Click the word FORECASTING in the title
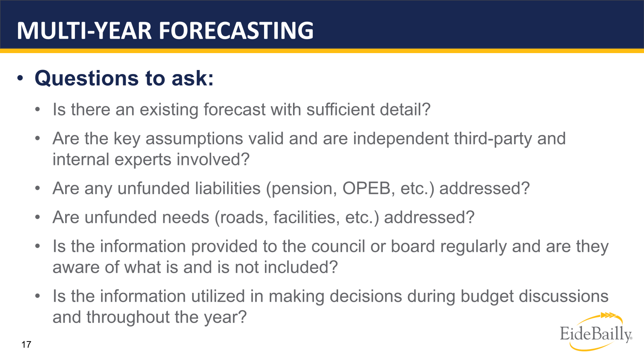pos(236,31)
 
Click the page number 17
pos(26,344)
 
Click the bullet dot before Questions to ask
pos(20,78)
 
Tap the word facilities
pos(304,218)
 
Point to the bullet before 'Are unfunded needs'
pos(37,218)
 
